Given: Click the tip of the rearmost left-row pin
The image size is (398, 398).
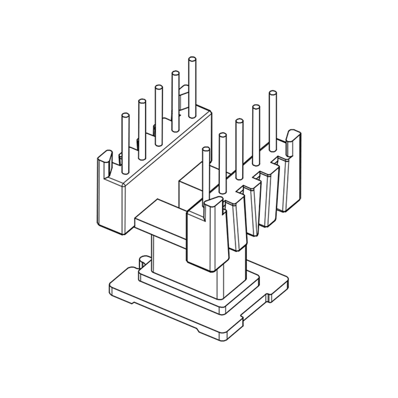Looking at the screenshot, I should (x=192, y=60).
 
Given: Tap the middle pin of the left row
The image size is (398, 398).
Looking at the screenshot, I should (x=158, y=114).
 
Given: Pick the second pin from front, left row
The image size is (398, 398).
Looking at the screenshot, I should (x=142, y=127).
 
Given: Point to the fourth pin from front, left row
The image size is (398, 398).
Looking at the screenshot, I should (x=175, y=99).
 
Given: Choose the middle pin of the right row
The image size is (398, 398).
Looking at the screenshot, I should (x=239, y=149).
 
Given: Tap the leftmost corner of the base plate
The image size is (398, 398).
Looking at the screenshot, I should (x=109, y=288).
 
